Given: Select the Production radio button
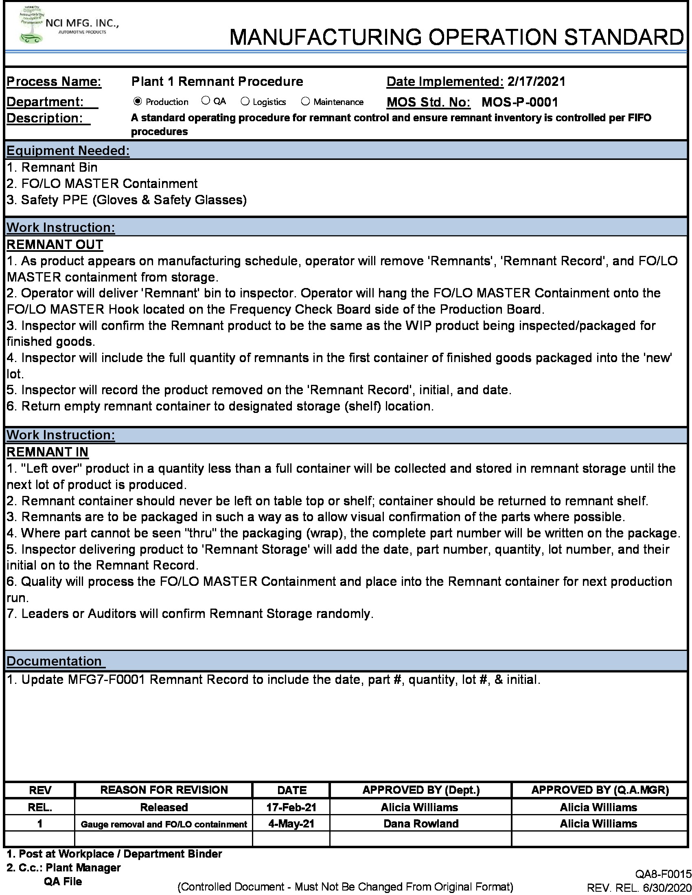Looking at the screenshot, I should (138, 101).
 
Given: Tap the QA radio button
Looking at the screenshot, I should (206, 100).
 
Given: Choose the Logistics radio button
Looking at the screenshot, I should (245, 101).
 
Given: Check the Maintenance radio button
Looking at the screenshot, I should (305, 101).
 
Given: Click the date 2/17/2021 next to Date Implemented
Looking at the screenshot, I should (536, 81).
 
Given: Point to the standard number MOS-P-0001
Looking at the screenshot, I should (519, 102).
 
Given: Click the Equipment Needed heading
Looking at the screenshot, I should (68, 151).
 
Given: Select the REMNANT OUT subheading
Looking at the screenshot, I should (55, 244).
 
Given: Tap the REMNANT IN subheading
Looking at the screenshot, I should (48, 452).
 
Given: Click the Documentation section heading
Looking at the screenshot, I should (54, 661).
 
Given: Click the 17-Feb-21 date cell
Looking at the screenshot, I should (291, 807).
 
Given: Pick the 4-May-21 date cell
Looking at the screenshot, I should (291, 824).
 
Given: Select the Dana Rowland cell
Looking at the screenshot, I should (420, 824).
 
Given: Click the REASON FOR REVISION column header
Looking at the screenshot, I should (164, 790).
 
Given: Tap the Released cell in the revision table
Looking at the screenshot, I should (164, 807).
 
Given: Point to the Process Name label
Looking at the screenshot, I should (54, 81).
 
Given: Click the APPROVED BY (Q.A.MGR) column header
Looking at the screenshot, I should (600, 790).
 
